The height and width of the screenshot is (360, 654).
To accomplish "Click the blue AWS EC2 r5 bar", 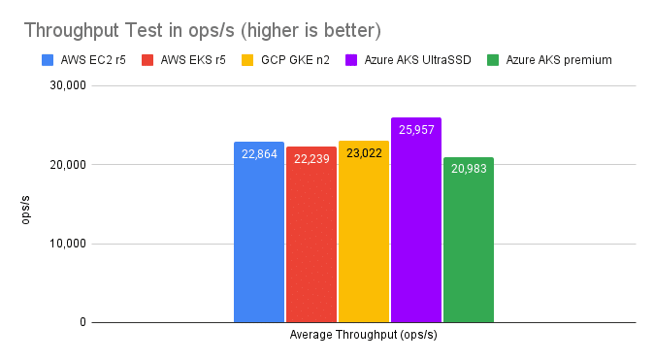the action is pyautogui.click(x=259, y=232).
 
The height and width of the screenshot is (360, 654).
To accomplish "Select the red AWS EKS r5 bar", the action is pyautogui.click(x=311, y=235).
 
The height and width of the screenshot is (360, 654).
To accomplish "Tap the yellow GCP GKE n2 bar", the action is pyautogui.click(x=364, y=232).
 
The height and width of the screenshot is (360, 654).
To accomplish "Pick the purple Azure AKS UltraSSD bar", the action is pyautogui.click(x=416, y=220).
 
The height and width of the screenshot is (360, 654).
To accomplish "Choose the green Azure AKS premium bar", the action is pyautogui.click(x=469, y=240).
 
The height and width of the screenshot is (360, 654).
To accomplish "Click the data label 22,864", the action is pyautogui.click(x=259, y=154).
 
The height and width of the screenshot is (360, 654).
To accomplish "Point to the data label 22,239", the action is pyautogui.click(x=311, y=159).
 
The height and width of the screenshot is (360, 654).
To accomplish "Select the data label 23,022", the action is pyautogui.click(x=364, y=153).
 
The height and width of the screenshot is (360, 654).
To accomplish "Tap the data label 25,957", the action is pyautogui.click(x=416, y=130).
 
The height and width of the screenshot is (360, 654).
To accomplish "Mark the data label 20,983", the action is pyautogui.click(x=469, y=169).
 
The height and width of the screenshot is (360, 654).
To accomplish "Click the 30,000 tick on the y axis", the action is pyautogui.click(x=68, y=85).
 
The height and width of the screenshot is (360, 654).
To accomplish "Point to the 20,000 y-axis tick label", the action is pyautogui.click(x=68, y=164).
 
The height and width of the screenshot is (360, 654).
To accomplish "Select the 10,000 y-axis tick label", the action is pyautogui.click(x=68, y=244).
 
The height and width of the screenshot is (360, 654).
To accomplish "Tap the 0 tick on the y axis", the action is pyautogui.click(x=82, y=322).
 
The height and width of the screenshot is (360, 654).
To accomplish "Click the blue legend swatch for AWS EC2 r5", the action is pyautogui.click(x=48, y=60).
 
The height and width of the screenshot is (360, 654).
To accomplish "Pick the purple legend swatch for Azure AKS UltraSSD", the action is pyautogui.click(x=351, y=60).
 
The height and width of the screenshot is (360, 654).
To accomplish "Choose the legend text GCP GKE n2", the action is pyautogui.click(x=295, y=60).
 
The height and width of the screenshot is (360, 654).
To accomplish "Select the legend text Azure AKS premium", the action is pyautogui.click(x=559, y=60).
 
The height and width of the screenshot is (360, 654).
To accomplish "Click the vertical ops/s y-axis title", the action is pyautogui.click(x=25, y=210).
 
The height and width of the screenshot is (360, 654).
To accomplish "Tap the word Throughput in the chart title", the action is pyautogui.click(x=72, y=30).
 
